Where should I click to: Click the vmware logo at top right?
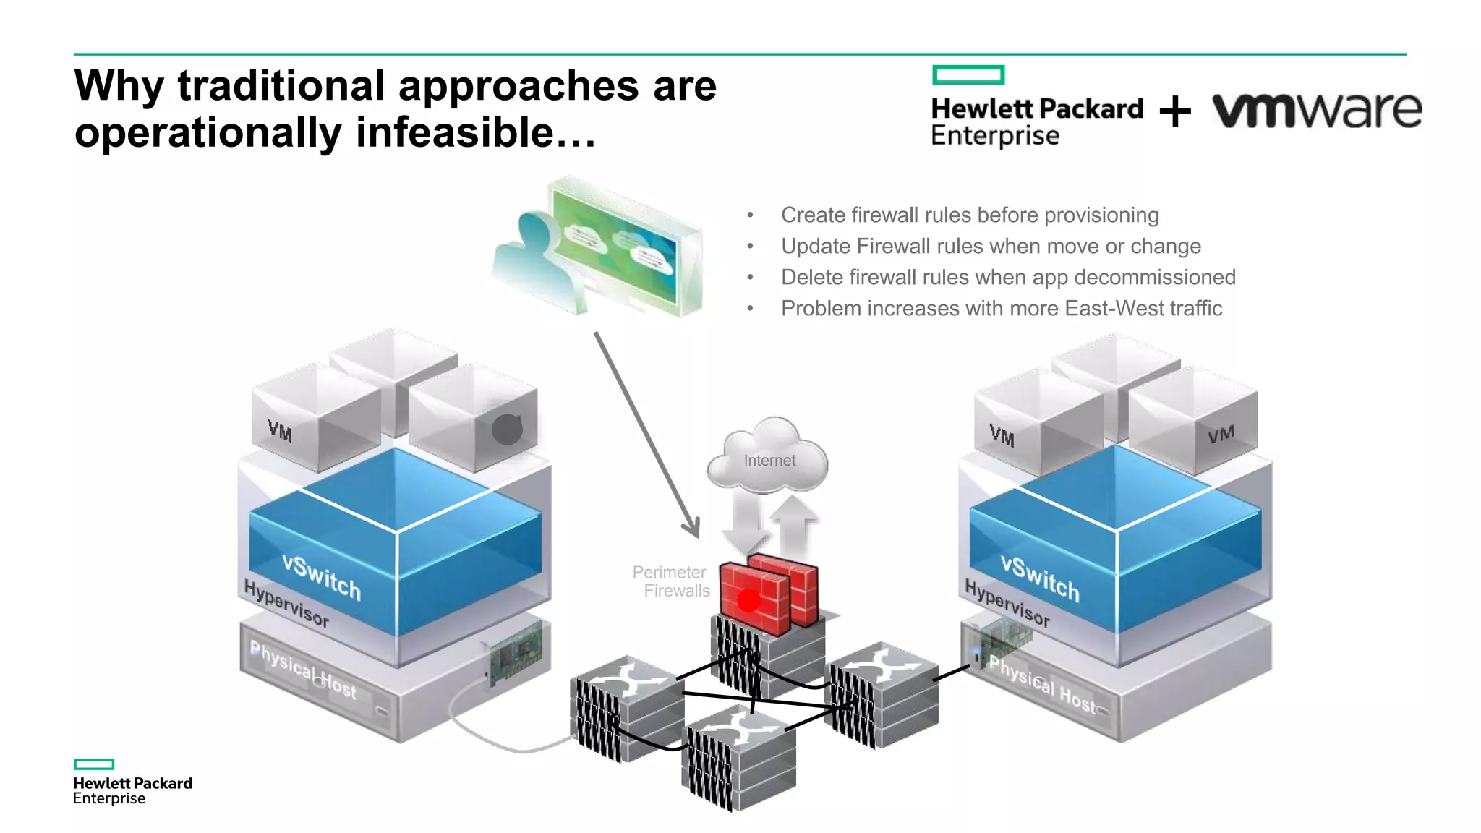click(1316, 111)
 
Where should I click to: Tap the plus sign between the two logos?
click(1175, 111)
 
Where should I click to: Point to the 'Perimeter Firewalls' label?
click(671, 581)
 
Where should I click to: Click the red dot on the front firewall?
click(748, 599)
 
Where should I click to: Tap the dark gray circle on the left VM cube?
click(507, 430)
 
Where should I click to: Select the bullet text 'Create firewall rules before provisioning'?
click(970, 215)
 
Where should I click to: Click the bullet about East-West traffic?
click(1002, 308)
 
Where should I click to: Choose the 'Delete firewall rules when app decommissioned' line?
click(1008, 277)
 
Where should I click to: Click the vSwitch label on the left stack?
click(321, 576)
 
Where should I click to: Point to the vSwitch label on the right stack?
click(1040, 578)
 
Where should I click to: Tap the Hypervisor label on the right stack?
click(1007, 602)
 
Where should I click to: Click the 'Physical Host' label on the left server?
click(303, 670)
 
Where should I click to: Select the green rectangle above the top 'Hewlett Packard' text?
click(968, 74)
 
